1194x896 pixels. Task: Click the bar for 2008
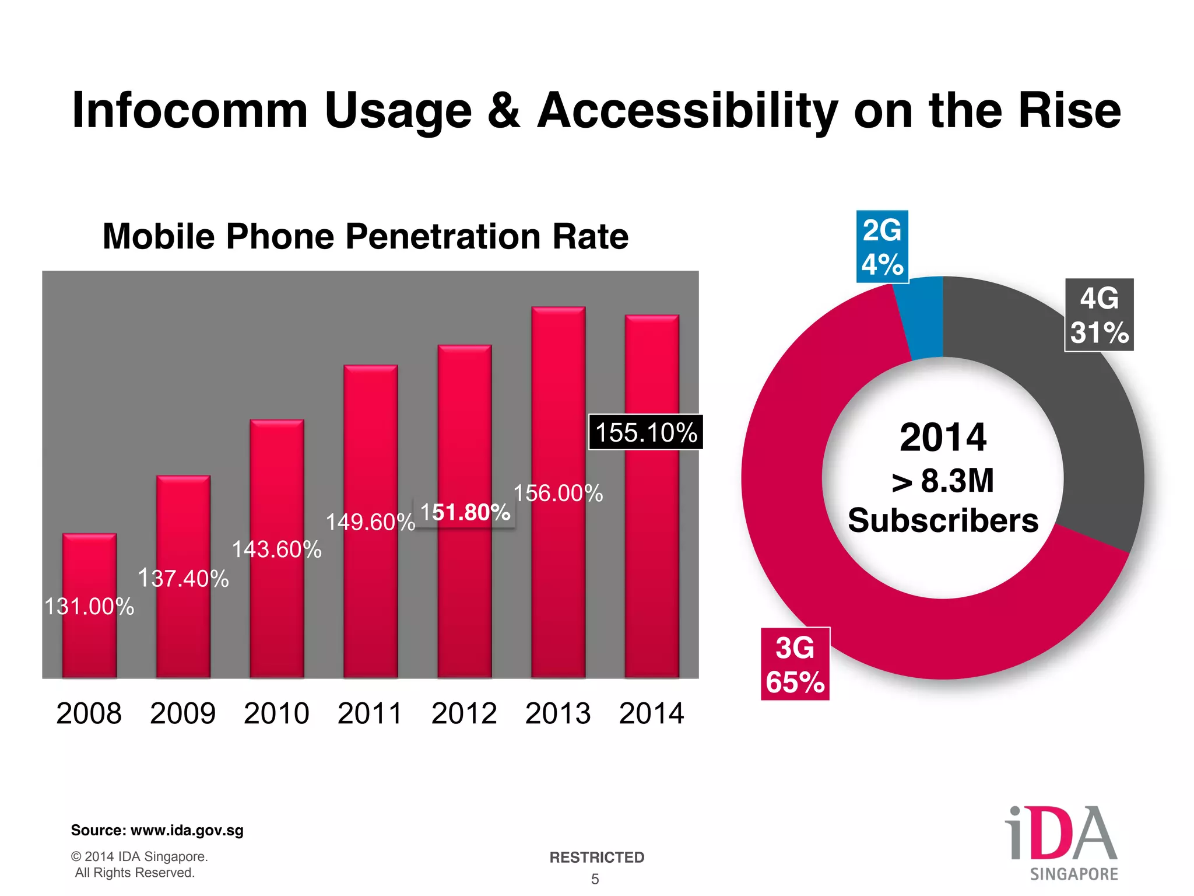89,642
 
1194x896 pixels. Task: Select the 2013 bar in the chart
558,583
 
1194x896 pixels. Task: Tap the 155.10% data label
645,432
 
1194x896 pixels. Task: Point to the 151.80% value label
465,512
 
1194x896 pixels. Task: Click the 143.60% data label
277,549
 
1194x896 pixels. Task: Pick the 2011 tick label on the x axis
370,713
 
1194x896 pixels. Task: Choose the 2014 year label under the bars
651,713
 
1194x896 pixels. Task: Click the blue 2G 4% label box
882,247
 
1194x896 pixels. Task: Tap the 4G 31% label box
1099,315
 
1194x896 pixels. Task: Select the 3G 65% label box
795,664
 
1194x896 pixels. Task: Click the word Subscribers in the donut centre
943,520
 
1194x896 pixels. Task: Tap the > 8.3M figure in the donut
943,481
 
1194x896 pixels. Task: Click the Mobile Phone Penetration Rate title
366,236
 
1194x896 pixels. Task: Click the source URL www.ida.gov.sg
187,830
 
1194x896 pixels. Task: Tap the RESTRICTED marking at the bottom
596,857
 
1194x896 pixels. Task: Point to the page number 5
595,879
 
